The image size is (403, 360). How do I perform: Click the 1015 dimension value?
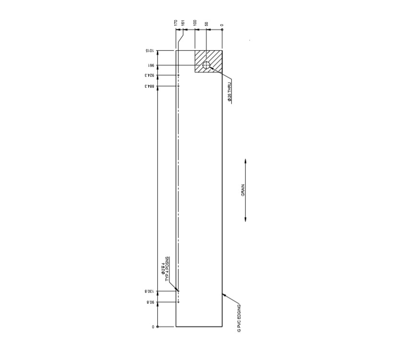(x=149, y=50)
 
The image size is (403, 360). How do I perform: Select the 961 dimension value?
(x=149, y=65)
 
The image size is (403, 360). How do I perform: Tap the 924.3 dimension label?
(x=149, y=75)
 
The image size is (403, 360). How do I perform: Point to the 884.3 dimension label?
(x=149, y=86)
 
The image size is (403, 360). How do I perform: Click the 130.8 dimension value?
(x=149, y=291)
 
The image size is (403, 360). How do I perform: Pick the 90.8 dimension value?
(x=149, y=302)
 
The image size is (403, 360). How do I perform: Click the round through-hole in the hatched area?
(x=206, y=65)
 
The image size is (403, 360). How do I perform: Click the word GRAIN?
(x=243, y=191)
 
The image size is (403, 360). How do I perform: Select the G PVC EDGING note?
(x=239, y=318)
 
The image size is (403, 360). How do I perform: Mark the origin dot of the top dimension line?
(x=222, y=30)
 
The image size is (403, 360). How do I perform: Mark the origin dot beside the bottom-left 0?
(x=158, y=327)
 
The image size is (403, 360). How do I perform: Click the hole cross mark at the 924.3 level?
(x=178, y=75)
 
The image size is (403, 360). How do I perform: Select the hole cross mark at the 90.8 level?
(x=178, y=302)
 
